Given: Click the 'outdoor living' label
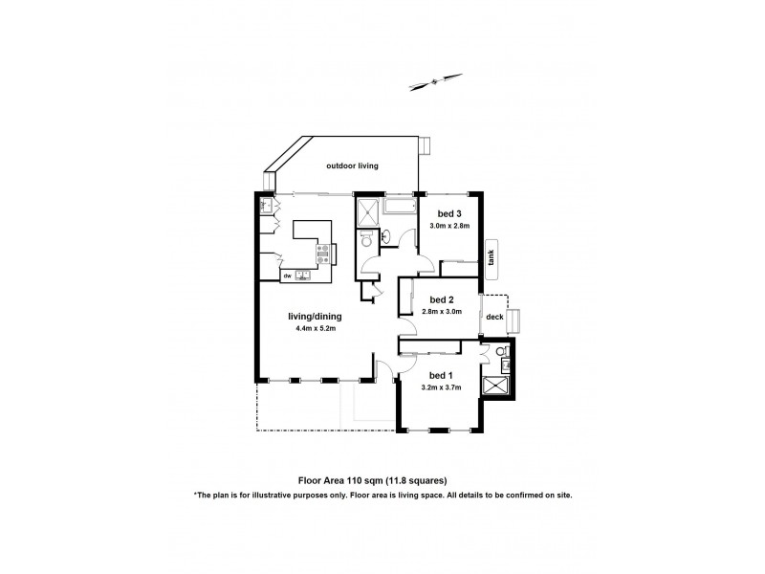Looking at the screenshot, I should pos(352,166).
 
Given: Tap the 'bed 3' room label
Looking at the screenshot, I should pos(450,213).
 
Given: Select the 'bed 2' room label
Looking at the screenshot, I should pos(441,298).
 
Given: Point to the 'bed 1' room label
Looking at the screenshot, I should pos(441,375).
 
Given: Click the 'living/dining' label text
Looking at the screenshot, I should pos(315,317).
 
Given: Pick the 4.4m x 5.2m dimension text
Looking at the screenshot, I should pos(315,329).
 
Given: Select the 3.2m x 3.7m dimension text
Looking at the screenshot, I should pos(441,387).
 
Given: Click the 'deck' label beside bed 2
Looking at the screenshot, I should pos(494,316).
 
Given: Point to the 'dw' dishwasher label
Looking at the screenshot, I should pos(286,276).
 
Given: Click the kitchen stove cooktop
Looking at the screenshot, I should pos(323,254).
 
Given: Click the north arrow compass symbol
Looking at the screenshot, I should pos(432,82).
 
